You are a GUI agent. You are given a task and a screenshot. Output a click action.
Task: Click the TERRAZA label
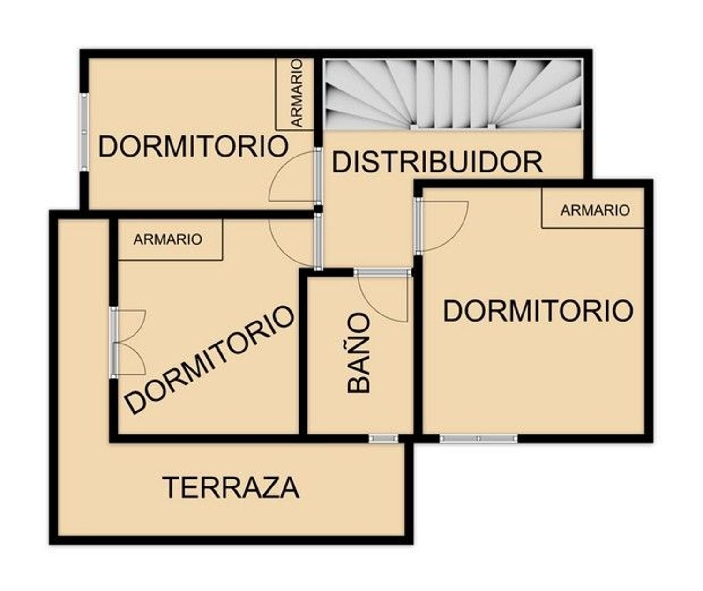pos(231,488)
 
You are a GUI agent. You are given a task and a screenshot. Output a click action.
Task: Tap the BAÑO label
pos(359,352)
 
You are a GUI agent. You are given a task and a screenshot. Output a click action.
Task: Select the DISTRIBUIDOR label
pos(437,162)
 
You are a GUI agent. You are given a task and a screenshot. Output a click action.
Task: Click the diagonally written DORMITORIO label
pos(210,359)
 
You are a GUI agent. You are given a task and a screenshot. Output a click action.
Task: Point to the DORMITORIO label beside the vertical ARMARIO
pos(193,146)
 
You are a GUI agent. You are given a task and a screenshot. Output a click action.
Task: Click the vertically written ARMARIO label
pos(297,93)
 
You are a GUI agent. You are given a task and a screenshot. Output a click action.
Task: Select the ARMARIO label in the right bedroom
pos(595,210)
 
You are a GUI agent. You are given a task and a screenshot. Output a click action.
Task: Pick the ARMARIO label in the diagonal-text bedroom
pos(168,240)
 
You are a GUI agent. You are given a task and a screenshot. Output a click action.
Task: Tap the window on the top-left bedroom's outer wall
pos(84,132)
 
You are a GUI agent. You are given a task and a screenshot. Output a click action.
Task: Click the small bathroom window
pos(383,439)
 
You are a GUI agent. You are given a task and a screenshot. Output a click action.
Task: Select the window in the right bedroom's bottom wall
pos(478,439)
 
